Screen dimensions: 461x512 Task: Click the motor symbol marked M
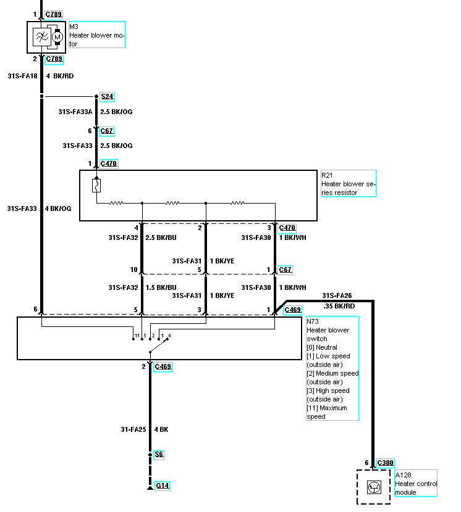(x=57, y=37)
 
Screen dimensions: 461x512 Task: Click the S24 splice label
(x=107, y=96)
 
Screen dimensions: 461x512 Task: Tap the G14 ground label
(x=163, y=485)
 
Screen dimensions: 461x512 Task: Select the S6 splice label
(x=159, y=454)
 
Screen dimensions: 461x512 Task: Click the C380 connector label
(x=385, y=463)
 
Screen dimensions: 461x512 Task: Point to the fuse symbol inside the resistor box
(x=96, y=186)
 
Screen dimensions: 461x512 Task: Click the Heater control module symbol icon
(x=374, y=487)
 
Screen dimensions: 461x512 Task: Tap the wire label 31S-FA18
(x=23, y=76)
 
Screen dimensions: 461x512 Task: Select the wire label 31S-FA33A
(x=75, y=112)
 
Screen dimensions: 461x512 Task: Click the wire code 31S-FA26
(x=337, y=295)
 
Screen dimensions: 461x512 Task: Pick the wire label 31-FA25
(x=133, y=429)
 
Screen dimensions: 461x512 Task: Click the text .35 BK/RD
(x=339, y=306)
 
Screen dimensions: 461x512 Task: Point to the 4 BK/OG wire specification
(x=58, y=209)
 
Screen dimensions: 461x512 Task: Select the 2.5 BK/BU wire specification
(x=161, y=237)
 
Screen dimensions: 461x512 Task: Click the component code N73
(x=313, y=321)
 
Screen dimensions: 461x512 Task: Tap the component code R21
(x=327, y=175)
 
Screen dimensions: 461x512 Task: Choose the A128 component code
(x=403, y=475)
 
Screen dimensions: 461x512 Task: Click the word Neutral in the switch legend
(x=326, y=347)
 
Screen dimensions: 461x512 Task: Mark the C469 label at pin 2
(x=163, y=366)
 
